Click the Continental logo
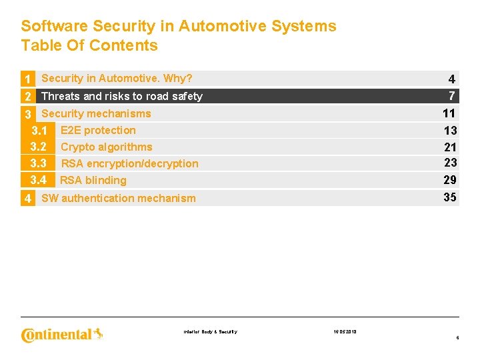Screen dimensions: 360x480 point(62,334)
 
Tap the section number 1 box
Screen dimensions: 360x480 point(28,79)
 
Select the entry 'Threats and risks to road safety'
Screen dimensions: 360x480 point(122,96)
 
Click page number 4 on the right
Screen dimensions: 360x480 point(451,79)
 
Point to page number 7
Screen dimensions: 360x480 point(451,95)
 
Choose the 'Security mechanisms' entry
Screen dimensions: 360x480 point(96,113)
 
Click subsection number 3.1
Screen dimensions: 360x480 point(39,130)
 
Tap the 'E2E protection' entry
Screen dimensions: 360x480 point(98,130)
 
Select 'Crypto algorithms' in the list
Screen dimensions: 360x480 point(107,147)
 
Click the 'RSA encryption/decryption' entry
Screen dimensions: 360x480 point(130,163)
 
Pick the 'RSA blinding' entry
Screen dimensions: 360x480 point(93,180)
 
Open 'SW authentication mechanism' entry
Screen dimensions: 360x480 point(119,198)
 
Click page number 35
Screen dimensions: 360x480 point(450,197)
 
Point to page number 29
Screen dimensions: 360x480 point(450,180)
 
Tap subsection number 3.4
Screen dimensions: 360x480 point(39,180)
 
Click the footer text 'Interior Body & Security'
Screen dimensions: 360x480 point(209,331)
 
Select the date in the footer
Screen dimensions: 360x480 point(344,331)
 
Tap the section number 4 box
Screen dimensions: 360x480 point(28,198)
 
